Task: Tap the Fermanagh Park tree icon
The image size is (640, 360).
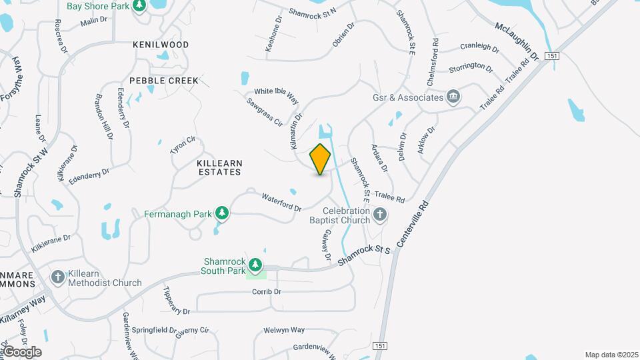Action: [222, 214]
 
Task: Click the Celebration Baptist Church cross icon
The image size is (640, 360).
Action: [380, 215]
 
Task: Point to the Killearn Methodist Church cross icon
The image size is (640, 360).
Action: [58, 277]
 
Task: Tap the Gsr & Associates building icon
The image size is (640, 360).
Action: [453, 97]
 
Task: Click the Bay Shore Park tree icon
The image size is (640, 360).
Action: [139, 7]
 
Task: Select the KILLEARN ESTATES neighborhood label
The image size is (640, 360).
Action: [219, 167]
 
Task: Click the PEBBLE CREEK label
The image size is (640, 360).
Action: [164, 81]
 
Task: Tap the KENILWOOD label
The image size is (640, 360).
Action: [161, 45]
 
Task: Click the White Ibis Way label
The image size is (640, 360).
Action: [276, 95]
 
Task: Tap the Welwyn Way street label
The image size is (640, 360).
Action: [284, 330]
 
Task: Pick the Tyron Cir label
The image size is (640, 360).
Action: [183, 145]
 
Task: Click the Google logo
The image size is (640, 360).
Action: [22, 352]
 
